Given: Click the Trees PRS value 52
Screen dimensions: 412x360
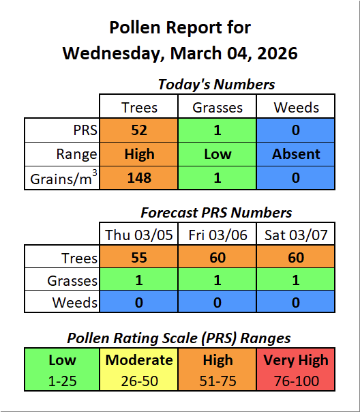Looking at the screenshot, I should [139, 130].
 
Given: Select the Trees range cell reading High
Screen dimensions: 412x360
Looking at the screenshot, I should [139, 154].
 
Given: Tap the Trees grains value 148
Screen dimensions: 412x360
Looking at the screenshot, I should [139, 178].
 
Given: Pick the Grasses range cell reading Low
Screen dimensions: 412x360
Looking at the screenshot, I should [217, 154].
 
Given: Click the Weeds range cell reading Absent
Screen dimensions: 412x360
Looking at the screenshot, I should [296, 154].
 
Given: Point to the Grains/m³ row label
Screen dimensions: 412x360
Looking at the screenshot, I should [63, 179].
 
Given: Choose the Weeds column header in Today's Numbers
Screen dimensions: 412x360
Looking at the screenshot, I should [296, 107].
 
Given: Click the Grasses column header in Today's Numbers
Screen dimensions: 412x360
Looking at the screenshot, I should [217, 107].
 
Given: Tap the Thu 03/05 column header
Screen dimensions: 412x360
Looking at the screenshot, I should [139, 235].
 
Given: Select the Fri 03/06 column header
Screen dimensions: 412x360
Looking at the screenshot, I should [217, 235].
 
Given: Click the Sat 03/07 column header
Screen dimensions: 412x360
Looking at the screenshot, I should [296, 235].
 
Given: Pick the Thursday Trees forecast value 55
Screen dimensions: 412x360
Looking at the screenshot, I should [139, 258].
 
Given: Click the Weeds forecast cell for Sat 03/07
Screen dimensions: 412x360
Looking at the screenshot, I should [296, 302].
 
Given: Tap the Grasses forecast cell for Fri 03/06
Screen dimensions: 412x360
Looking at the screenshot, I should [217, 280].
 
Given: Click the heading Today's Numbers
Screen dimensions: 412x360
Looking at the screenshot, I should [216, 85].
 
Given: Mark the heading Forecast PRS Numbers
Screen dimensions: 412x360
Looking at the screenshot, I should [216, 213].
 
